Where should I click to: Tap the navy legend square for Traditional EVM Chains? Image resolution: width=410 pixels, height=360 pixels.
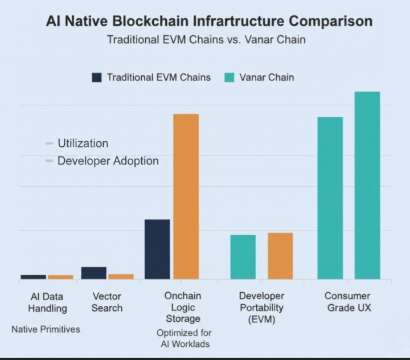pos(97,77)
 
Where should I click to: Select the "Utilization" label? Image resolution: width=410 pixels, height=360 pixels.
pos(83,143)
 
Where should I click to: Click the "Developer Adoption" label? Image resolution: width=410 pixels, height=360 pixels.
pos(108,161)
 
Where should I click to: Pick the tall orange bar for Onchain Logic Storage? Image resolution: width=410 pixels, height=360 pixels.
pos(186,197)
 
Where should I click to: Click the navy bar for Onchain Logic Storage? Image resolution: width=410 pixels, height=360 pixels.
pos(157,249)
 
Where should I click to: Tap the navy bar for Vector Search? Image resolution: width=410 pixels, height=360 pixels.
pos(93,273)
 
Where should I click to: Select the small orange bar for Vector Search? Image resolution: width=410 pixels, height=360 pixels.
pos(121,276)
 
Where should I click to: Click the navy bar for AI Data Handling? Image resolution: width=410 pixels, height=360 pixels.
pos(33,277)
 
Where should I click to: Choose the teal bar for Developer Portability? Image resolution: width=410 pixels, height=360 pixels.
pos(243,256)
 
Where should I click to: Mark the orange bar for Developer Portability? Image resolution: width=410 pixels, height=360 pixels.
pos(280,256)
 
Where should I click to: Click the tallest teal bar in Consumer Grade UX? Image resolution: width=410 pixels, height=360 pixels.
pos(367,185)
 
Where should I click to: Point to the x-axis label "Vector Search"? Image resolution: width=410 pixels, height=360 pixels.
pos(107,302)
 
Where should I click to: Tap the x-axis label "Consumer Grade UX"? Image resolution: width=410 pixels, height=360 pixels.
pos(347,302)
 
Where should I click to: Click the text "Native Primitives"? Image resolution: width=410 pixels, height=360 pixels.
pos(46,329)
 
